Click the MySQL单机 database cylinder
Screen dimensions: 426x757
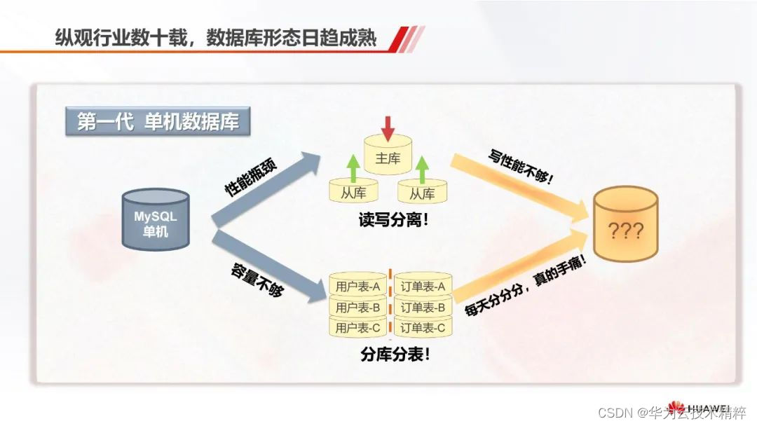coord(155,220)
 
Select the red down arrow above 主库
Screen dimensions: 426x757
coord(388,126)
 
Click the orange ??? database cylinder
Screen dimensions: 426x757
coord(625,225)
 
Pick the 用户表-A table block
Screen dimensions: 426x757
coord(357,287)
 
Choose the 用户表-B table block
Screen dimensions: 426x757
coord(357,307)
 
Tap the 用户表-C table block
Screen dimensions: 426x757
coord(357,327)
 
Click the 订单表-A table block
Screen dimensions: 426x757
coord(423,287)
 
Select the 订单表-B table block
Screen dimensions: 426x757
coord(423,307)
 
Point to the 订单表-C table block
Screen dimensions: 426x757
coord(423,327)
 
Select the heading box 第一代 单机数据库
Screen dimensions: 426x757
coord(157,122)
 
